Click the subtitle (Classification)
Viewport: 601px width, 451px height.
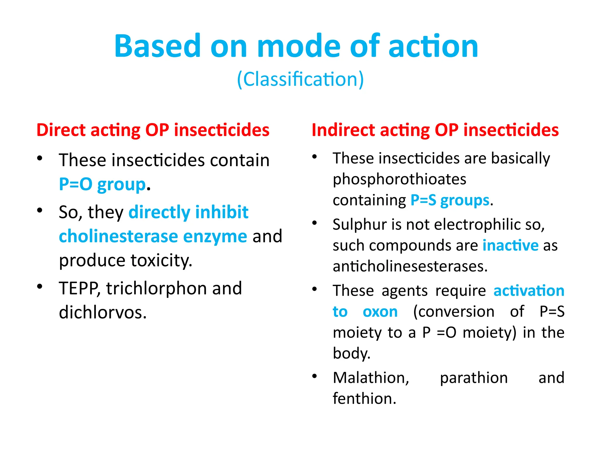300,79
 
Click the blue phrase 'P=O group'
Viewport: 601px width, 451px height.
102,185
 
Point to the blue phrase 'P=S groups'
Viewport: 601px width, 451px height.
450,201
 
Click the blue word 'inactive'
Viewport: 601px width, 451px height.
510,245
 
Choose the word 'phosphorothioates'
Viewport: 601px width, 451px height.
399,179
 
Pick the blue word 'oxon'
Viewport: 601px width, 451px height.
380,312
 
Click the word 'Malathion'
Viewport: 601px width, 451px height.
370,378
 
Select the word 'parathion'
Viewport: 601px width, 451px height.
474,378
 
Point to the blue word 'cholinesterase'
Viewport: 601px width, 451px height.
118,237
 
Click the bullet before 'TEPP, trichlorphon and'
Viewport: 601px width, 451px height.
40,286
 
